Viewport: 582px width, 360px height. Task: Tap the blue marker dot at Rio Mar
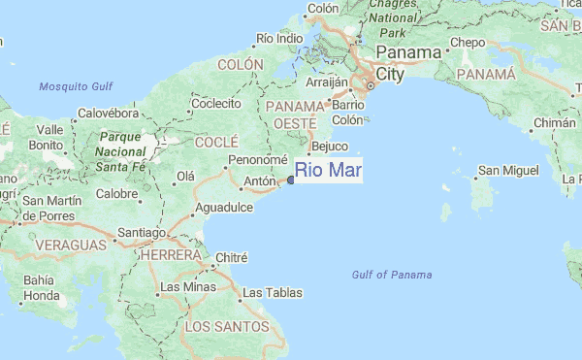coord(291,180)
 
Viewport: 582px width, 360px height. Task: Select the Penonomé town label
coord(258,160)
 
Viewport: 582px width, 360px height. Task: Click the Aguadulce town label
coord(224,208)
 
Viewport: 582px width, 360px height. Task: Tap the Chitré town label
coord(231,258)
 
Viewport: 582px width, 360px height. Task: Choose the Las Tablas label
coord(272,292)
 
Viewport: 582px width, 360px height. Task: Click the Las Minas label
coord(188,287)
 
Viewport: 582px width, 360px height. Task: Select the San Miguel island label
coord(506,172)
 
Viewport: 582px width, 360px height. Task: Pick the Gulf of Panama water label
coord(392,276)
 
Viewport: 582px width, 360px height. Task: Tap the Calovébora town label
coord(109,113)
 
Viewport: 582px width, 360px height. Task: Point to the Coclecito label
coord(216,103)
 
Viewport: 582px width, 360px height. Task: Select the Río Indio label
coord(279,39)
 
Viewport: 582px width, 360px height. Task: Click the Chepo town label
coord(468,43)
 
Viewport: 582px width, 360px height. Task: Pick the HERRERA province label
coord(170,254)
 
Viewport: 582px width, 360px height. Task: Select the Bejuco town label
coord(329,147)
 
